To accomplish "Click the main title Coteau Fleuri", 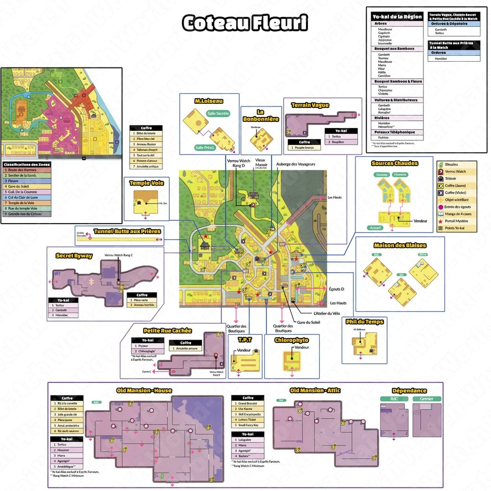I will (245, 23).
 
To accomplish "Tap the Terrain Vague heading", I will (310, 105).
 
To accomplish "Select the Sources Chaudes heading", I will (394, 163).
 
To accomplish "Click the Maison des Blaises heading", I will (400, 245).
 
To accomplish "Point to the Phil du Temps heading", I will (364, 322).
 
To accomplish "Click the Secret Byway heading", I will (74, 256).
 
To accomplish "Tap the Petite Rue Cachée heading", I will (167, 331).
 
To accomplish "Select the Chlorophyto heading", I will (291, 340).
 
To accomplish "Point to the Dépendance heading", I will (409, 391).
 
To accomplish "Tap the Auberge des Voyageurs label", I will (295, 164).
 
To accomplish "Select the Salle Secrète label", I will (218, 113).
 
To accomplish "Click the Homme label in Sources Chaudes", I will (401, 175).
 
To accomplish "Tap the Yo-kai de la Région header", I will (397, 17).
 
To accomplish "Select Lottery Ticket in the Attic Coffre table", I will (249, 419).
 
